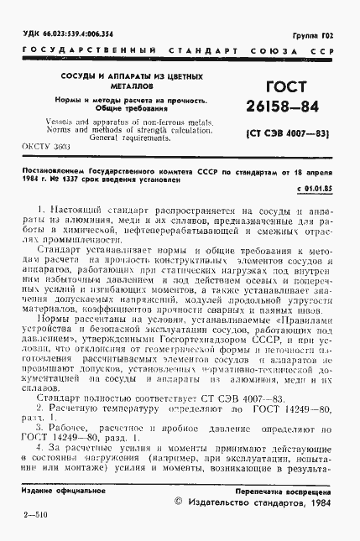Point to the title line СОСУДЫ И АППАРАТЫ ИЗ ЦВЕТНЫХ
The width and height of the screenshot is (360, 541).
122,76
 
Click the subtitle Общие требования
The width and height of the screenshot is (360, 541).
121,109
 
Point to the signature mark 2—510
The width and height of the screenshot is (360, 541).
34,522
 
